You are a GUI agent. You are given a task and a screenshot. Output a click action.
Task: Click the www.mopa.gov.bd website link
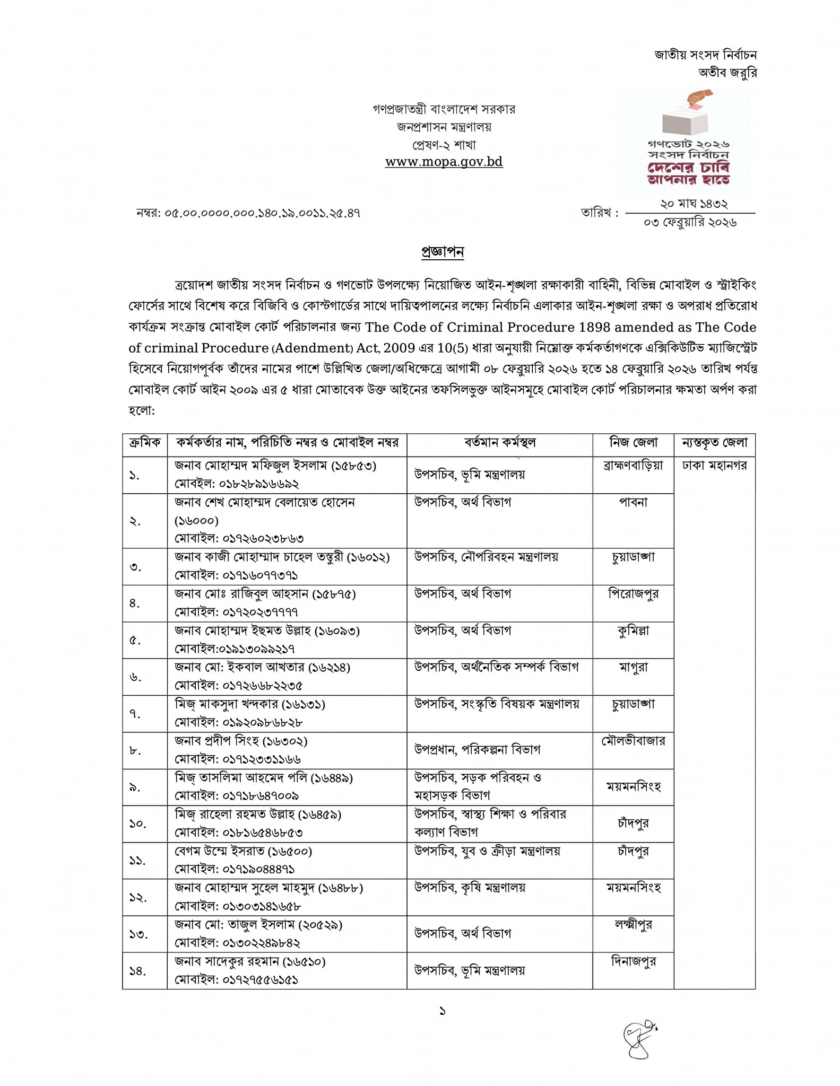coord(444,162)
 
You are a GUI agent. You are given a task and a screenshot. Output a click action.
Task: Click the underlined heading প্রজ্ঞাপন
coord(443,252)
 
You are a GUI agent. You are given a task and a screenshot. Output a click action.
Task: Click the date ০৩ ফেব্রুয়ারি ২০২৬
coord(690,223)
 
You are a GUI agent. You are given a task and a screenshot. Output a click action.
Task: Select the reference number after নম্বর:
coord(262,213)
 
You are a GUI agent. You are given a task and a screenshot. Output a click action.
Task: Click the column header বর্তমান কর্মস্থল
coord(499,443)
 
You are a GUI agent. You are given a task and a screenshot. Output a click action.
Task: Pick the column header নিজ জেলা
coord(633,443)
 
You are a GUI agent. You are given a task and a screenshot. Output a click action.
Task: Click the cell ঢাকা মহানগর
coord(714,466)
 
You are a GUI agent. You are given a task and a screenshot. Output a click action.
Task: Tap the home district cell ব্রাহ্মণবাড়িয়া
coord(633,466)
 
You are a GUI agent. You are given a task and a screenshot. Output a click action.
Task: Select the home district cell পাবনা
coord(633,502)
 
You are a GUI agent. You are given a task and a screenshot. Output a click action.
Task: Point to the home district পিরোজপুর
coord(633,594)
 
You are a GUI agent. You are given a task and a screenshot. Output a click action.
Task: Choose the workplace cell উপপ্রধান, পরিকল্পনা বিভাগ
coord(477,750)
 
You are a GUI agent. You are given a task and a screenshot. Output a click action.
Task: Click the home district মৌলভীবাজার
coord(633,741)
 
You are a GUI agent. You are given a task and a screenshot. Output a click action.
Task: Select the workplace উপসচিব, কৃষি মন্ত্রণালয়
coord(470,888)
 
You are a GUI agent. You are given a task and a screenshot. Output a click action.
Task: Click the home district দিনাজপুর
coord(633,961)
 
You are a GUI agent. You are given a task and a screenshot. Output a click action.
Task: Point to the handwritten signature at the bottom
coord(639,1039)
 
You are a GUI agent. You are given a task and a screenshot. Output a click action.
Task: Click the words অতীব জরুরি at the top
coord(727,73)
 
